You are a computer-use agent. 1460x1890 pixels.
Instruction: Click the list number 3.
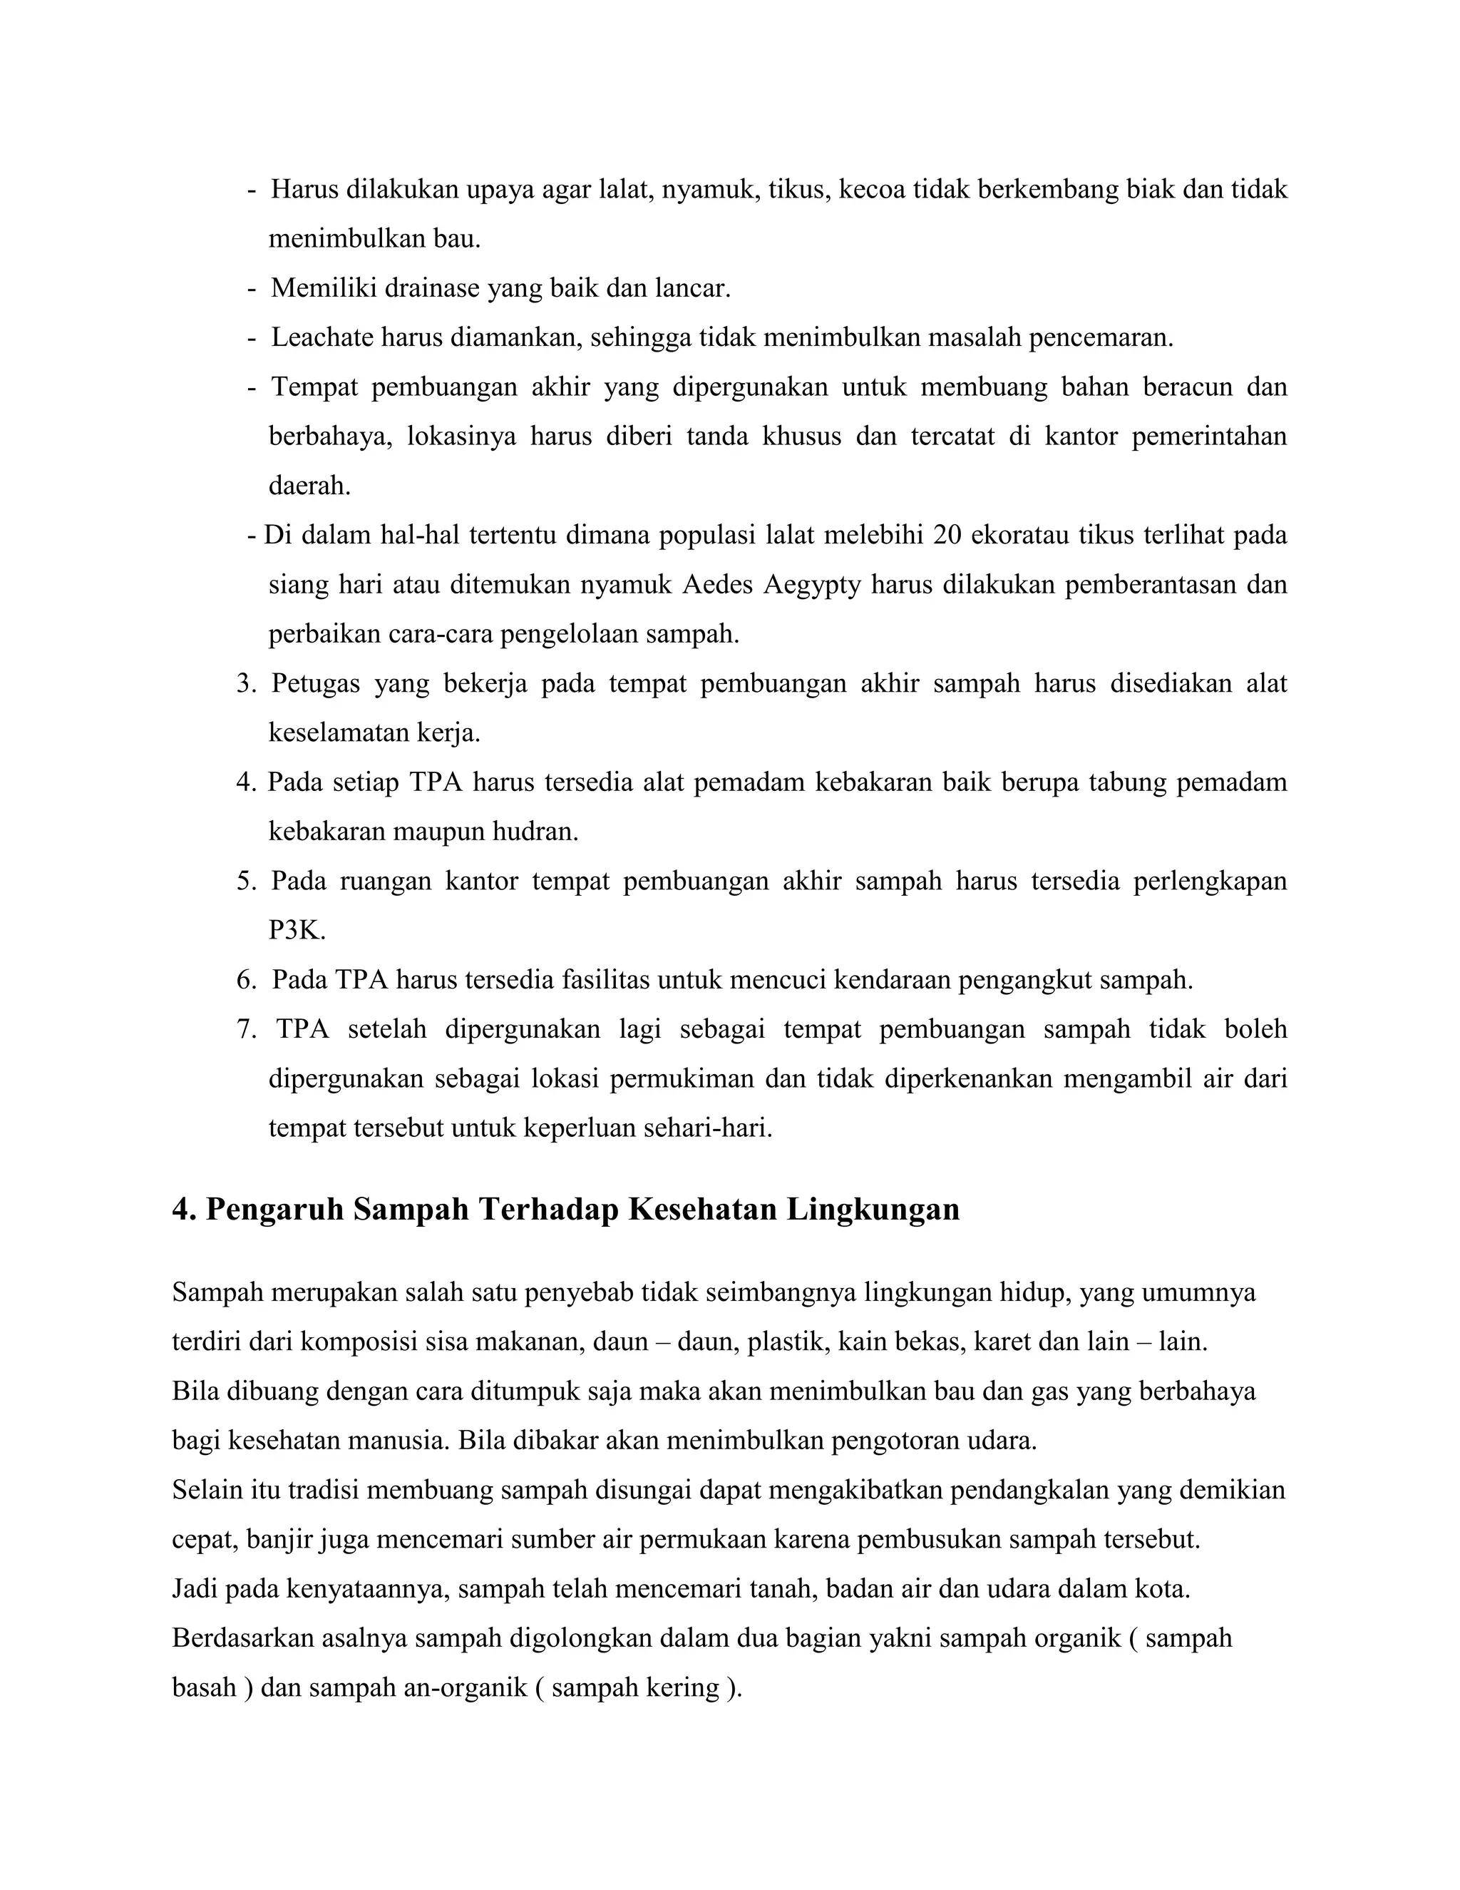click(246, 684)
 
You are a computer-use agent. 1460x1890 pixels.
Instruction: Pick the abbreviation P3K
click(297, 930)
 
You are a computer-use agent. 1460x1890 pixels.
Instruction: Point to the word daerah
click(309, 486)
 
